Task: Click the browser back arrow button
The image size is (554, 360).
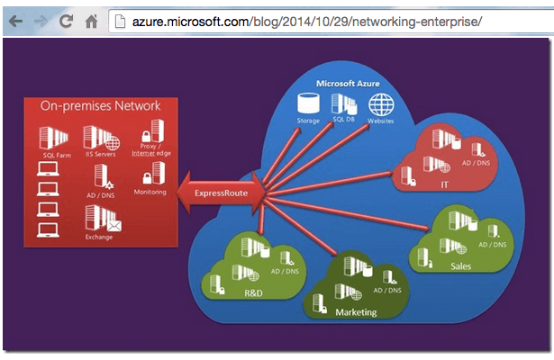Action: (15, 19)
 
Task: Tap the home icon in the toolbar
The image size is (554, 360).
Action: (89, 19)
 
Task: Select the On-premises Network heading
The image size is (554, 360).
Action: (100, 106)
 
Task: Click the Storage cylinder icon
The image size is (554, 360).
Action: (308, 103)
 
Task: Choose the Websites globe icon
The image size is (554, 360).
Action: (380, 103)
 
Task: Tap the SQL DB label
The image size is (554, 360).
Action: (343, 119)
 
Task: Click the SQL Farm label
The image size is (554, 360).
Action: (56, 156)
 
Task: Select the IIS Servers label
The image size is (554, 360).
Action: (99, 156)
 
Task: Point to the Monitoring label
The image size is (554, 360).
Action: (150, 192)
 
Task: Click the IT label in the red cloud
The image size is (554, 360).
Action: (443, 184)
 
